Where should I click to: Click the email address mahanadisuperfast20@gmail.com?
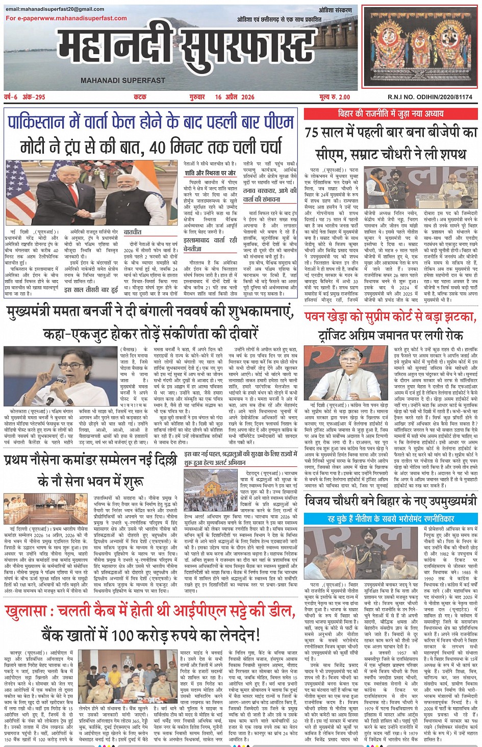point(55,9)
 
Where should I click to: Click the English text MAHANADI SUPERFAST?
point(123,80)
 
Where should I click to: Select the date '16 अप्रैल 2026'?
point(234,97)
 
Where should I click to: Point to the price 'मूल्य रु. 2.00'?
point(335,97)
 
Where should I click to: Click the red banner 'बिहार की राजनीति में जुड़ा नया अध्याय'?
point(391,113)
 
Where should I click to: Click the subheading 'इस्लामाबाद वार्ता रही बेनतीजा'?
point(210,244)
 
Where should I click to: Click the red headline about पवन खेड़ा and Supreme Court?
point(391,317)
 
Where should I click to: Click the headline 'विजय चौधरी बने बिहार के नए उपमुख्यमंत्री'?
point(391,502)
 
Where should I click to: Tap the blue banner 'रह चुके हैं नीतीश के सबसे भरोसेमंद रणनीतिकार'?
point(391,518)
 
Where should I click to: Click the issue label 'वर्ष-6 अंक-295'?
point(25,97)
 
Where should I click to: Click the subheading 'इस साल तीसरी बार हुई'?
point(91,289)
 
